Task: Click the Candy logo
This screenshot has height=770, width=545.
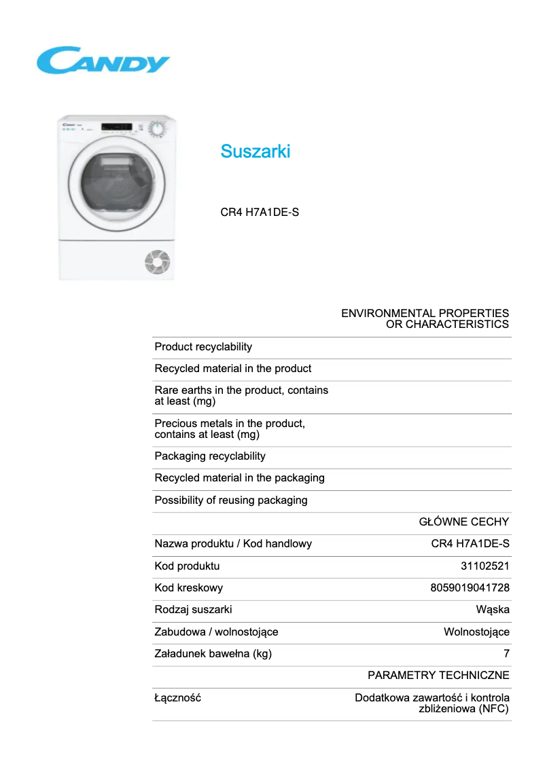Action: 103,61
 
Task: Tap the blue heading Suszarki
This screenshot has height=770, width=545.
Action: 255,151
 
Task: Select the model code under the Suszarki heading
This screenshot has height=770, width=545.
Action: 260,213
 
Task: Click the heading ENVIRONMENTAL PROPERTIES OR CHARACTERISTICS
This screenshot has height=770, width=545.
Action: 425,319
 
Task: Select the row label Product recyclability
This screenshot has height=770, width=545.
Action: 203,347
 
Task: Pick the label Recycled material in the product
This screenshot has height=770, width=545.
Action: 232,369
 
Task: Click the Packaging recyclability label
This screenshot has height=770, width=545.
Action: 210,456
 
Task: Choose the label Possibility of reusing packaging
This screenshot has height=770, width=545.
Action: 231,500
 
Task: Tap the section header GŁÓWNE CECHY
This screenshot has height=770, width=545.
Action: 463,522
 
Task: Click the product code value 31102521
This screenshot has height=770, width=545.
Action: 485,566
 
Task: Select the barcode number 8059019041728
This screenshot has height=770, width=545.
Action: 470,588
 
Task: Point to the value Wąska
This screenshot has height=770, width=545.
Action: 493,610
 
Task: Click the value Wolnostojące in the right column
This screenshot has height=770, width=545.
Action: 476,632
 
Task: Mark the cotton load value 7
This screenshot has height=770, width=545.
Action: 506,654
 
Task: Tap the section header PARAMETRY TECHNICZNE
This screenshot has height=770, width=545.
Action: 438,676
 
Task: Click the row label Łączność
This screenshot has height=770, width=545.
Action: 177,698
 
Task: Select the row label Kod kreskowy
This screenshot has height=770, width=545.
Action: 188,588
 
